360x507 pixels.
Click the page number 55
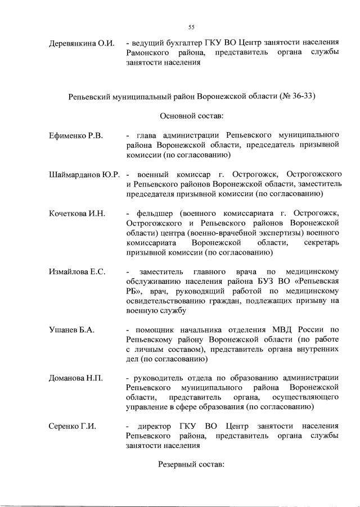click(x=191, y=27)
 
